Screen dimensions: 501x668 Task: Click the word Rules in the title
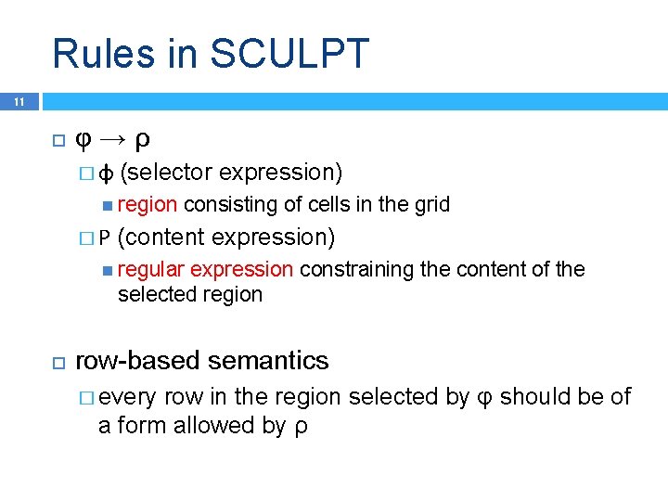(101, 54)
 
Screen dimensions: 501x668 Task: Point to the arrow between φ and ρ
(112, 140)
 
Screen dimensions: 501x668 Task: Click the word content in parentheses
(161, 238)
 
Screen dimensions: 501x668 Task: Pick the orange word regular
(151, 270)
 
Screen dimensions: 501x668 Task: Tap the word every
(127, 397)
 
